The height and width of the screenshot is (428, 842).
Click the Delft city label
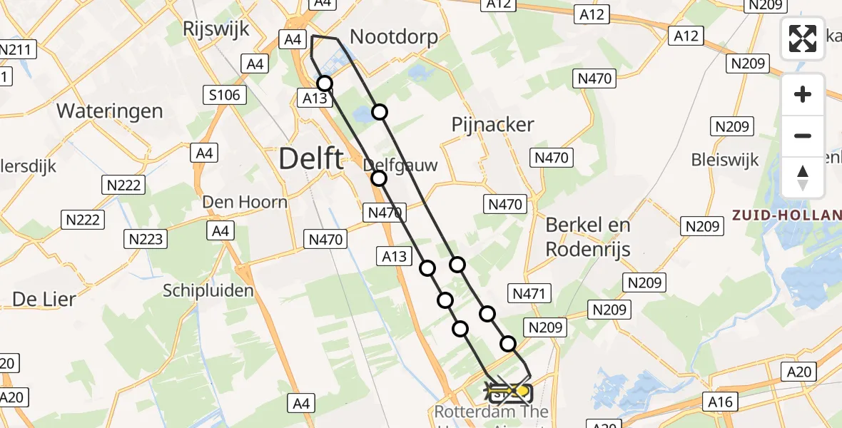(x=311, y=158)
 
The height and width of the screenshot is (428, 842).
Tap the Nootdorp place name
(x=393, y=37)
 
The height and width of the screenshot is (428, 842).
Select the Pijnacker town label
(x=493, y=125)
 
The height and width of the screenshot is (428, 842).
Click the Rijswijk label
(x=215, y=29)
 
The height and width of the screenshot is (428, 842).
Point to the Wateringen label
(x=110, y=111)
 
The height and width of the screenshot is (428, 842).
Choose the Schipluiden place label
(x=208, y=290)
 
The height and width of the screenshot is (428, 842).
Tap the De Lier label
(x=44, y=300)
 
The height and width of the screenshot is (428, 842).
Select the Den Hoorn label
(x=245, y=202)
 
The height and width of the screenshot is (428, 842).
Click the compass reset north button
(x=803, y=178)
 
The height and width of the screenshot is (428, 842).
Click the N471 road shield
(x=529, y=292)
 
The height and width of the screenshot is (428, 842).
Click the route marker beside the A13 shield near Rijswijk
(x=325, y=83)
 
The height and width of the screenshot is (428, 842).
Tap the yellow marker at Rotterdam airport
(x=523, y=391)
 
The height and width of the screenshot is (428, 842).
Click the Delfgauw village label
(x=400, y=165)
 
